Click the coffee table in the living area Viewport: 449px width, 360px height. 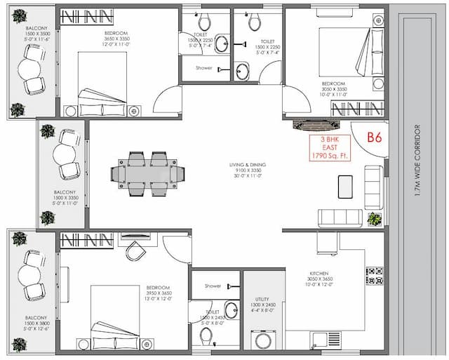(x=346, y=185)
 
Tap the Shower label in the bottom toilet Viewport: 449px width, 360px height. (x=213, y=286)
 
